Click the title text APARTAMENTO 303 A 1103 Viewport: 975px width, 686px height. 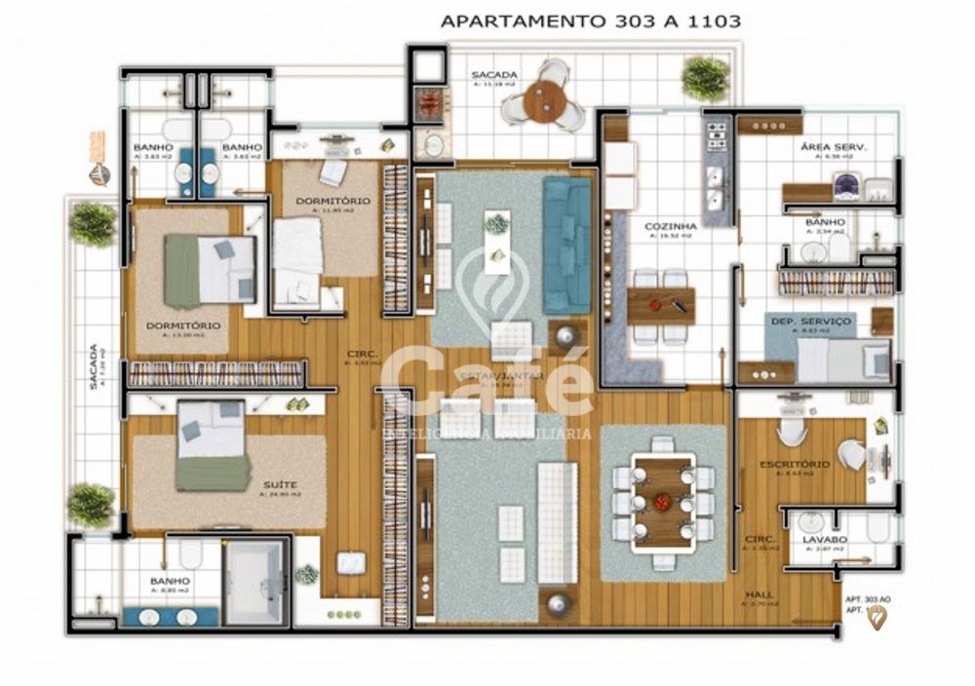point(590,19)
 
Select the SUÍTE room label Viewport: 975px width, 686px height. point(279,483)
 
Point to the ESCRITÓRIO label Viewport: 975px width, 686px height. point(795,465)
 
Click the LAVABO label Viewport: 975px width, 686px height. point(823,539)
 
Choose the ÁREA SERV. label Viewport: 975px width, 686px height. point(834,147)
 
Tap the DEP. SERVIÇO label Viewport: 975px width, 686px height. point(810,321)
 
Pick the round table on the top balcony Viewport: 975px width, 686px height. point(544,99)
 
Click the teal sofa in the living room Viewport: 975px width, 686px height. point(566,245)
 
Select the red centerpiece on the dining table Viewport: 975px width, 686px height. point(663,502)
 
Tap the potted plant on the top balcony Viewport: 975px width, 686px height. point(705,78)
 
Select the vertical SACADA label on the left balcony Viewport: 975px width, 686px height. point(94,366)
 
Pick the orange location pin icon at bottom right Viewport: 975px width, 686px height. point(877,616)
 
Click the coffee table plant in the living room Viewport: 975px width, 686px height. point(497,223)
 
